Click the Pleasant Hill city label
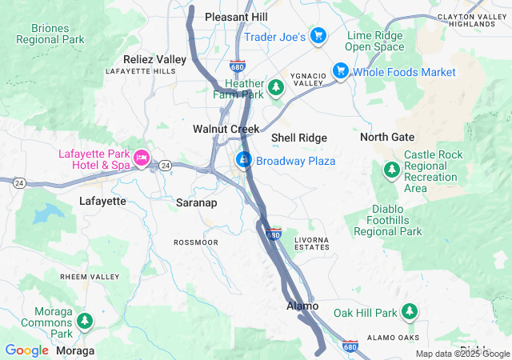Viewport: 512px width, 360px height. (237, 16)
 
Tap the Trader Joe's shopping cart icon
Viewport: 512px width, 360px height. (318, 35)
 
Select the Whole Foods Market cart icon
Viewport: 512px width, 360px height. (341, 71)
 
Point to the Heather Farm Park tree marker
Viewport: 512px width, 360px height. (276, 86)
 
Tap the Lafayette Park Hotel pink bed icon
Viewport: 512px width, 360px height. (142, 158)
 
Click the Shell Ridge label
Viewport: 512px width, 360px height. (298, 138)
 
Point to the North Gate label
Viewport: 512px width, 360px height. (386, 137)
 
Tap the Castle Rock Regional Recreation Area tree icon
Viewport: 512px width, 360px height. (391, 170)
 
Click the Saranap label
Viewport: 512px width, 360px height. (197, 203)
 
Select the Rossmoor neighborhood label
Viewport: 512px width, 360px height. (196, 242)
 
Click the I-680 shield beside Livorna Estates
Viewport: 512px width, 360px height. (274, 234)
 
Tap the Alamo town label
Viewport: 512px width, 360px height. (302, 306)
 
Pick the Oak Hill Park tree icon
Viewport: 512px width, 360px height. (410, 310)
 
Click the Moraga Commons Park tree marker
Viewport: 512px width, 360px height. (85, 322)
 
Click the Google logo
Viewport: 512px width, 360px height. (26, 350)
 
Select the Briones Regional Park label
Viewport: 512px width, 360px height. (50, 32)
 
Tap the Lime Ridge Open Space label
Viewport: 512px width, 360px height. (375, 40)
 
